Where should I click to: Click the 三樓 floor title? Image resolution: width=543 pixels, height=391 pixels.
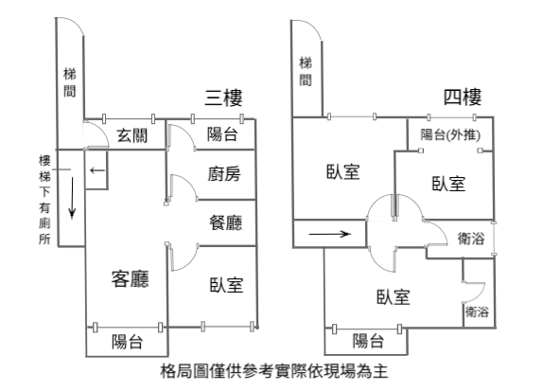223,98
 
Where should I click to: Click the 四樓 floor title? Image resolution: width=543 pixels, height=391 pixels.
463,97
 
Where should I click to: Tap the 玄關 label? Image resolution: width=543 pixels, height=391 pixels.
131,135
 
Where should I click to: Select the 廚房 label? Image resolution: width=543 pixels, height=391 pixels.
224,173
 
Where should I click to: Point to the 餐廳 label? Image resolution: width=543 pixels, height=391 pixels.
225,222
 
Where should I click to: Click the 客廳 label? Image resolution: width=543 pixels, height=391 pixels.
131,279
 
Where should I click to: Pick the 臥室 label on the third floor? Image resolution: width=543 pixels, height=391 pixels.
226,285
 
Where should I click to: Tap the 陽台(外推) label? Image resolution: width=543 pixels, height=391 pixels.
450,134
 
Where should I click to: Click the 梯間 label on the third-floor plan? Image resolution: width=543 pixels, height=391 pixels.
70,82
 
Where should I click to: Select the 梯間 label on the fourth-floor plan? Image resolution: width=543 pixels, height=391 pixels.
306,71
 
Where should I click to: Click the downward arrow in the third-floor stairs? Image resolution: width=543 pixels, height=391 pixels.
72,198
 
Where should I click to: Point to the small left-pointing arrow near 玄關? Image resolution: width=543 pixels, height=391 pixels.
97,170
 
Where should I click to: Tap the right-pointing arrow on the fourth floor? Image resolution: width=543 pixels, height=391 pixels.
329,234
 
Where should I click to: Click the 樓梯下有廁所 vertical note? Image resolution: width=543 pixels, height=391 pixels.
44,200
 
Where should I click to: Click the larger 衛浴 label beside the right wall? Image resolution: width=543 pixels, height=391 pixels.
470,239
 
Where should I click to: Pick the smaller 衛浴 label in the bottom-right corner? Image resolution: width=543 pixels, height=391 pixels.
477,311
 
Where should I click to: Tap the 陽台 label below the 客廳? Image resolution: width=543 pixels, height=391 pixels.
127,342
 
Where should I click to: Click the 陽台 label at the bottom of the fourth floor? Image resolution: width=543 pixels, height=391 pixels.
368,341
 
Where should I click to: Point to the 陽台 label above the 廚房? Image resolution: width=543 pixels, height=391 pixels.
222,134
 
